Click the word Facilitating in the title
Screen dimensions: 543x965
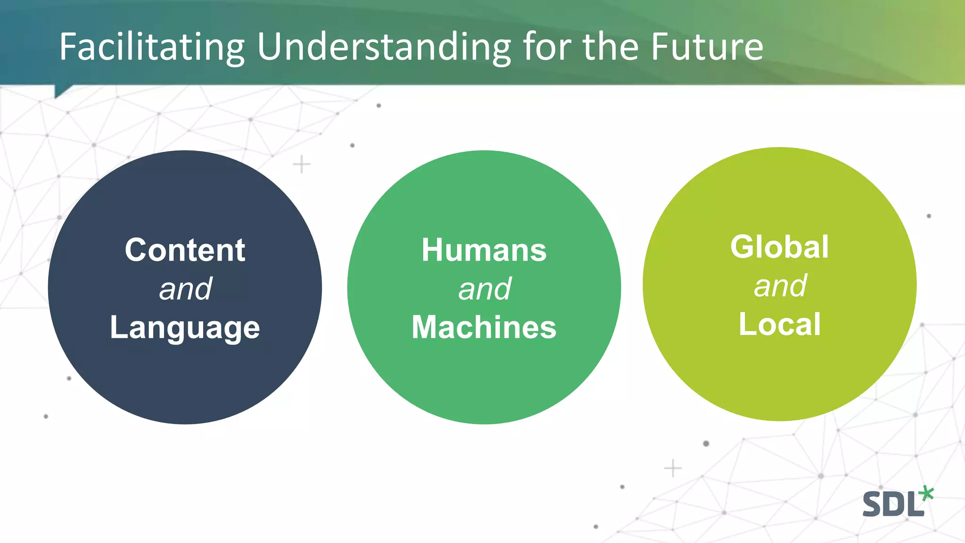(x=152, y=47)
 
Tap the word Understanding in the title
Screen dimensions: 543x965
(x=384, y=47)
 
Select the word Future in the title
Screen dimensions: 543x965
(x=707, y=47)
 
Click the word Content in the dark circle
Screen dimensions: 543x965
(x=185, y=250)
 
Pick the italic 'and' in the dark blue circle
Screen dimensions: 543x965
(x=185, y=289)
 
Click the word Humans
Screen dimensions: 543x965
(x=484, y=250)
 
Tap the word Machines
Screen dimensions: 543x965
(x=484, y=327)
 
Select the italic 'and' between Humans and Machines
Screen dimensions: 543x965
(x=484, y=289)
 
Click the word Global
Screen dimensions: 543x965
(x=779, y=247)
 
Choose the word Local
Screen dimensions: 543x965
(x=779, y=324)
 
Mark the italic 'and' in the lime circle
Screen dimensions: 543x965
(x=780, y=286)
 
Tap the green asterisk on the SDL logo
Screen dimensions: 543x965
(x=926, y=494)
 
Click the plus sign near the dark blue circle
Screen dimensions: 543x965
(x=302, y=165)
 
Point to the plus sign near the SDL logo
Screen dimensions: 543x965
(x=672, y=469)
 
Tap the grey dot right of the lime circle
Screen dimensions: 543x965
(x=929, y=216)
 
